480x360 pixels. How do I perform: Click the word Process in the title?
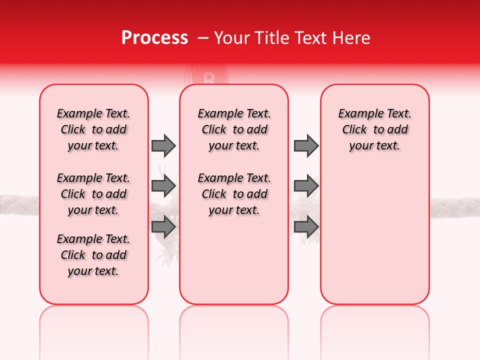pyautogui.click(x=154, y=38)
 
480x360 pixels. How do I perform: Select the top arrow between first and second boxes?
pyautogui.click(x=163, y=145)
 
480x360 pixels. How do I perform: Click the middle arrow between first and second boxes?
pyautogui.click(x=163, y=186)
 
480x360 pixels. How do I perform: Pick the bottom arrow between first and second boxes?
pyautogui.click(x=163, y=226)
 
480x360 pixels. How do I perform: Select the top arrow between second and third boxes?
pyautogui.click(x=306, y=145)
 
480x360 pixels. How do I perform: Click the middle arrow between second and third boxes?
pyautogui.click(x=306, y=186)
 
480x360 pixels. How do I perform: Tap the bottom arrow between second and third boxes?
pyautogui.click(x=306, y=226)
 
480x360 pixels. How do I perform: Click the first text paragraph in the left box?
pyautogui.click(x=93, y=129)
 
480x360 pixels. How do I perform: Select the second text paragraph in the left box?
pyautogui.click(x=93, y=194)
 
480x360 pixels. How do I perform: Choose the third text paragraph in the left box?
pyautogui.click(x=93, y=255)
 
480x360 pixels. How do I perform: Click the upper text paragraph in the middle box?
pyautogui.click(x=234, y=129)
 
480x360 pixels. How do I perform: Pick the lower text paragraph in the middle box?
pyautogui.click(x=234, y=194)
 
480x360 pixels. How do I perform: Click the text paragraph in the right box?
pyautogui.click(x=375, y=129)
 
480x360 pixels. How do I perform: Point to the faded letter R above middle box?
pyautogui.click(x=209, y=77)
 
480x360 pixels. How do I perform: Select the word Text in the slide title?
pyautogui.click(x=312, y=38)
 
